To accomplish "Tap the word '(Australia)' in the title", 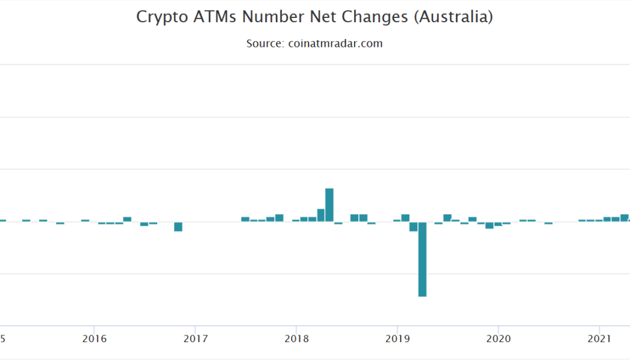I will point(454,17).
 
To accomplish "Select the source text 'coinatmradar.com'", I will point(335,44).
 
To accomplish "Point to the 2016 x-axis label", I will point(94,339).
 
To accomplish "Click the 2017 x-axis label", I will point(195,339).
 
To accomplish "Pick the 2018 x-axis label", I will point(296,339).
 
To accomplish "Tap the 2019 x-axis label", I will point(397,339).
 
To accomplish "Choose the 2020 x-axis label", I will point(498,339).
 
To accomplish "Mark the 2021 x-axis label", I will point(599,339).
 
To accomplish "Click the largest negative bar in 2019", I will point(422,259).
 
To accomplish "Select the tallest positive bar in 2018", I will point(329,205).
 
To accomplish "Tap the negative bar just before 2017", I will point(178,226).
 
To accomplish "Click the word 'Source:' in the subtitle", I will point(265,44).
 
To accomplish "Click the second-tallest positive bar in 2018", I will point(321,215).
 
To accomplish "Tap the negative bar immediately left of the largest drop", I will point(413,226).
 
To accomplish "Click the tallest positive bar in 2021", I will point(625,218).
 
